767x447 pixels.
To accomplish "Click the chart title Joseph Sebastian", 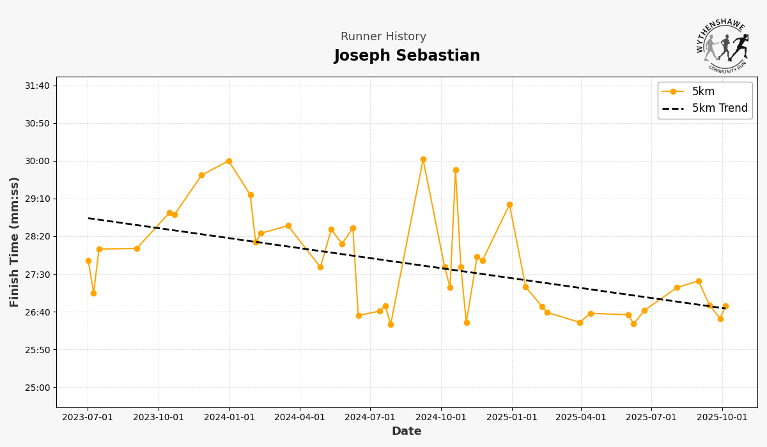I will (x=407, y=56).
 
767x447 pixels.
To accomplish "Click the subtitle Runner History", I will (x=383, y=37).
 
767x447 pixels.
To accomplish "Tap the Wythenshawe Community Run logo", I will (x=722, y=47).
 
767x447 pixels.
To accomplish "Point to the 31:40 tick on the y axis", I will (x=37, y=86).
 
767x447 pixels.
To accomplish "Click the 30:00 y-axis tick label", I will (x=37, y=161).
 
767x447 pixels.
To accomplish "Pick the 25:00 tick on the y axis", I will (x=37, y=388).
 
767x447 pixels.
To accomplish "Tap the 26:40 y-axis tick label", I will (x=37, y=312).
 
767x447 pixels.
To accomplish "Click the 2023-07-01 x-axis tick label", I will (x=88, y=418).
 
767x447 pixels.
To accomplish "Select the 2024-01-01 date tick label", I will (x=229, y=418).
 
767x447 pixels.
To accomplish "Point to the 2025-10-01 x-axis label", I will (x=722, y=418).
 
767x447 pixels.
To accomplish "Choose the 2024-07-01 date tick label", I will (x=370, y=418).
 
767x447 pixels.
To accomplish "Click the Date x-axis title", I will (x=407, y=432).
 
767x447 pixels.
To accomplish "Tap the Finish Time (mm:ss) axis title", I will (x=15, y=242).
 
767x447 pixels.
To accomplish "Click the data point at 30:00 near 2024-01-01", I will (x=229, y=161).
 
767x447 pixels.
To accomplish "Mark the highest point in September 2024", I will (x=423, y=159).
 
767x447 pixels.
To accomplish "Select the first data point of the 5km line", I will (x=88, y=261).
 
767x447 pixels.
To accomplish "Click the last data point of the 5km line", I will (x=725, y=306).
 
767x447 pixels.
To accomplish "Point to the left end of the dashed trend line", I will (x=88, y=218).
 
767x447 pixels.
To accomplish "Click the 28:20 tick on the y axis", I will (x=37, y=236).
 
